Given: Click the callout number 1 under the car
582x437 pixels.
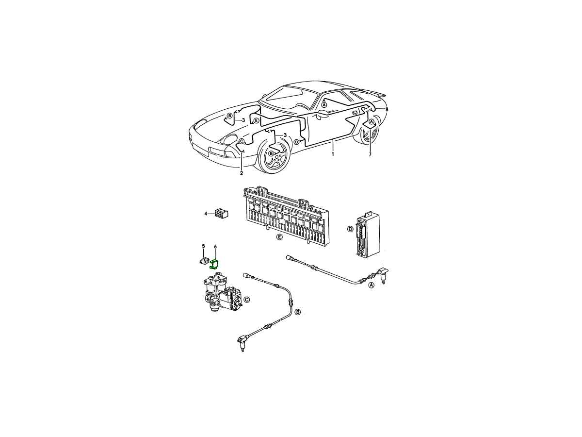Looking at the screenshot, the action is [x=333, y=153].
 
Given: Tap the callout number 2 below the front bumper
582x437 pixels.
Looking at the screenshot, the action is [x=241, y=173].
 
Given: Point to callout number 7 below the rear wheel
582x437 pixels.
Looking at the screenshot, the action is [x=370, y=154].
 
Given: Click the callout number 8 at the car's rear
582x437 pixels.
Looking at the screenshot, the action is [x=387, y=109].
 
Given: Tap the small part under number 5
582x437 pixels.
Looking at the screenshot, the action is [x=203, y=261].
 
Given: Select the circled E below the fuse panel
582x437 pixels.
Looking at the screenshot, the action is [x=279, y=237].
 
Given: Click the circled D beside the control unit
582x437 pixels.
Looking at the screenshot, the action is [x=350, y=229].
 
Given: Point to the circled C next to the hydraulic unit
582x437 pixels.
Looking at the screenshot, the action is [x=246, y=300].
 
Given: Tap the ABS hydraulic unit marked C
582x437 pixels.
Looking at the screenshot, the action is [x=221, y=292].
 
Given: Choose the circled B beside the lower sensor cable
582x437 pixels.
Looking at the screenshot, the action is [x=298, y=312].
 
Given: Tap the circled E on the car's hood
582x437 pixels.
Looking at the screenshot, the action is [x=256, y=121].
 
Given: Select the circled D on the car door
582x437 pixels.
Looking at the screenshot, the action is [x=296, y=142].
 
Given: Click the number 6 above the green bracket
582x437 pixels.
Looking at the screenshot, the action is [x=215, y=247].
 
